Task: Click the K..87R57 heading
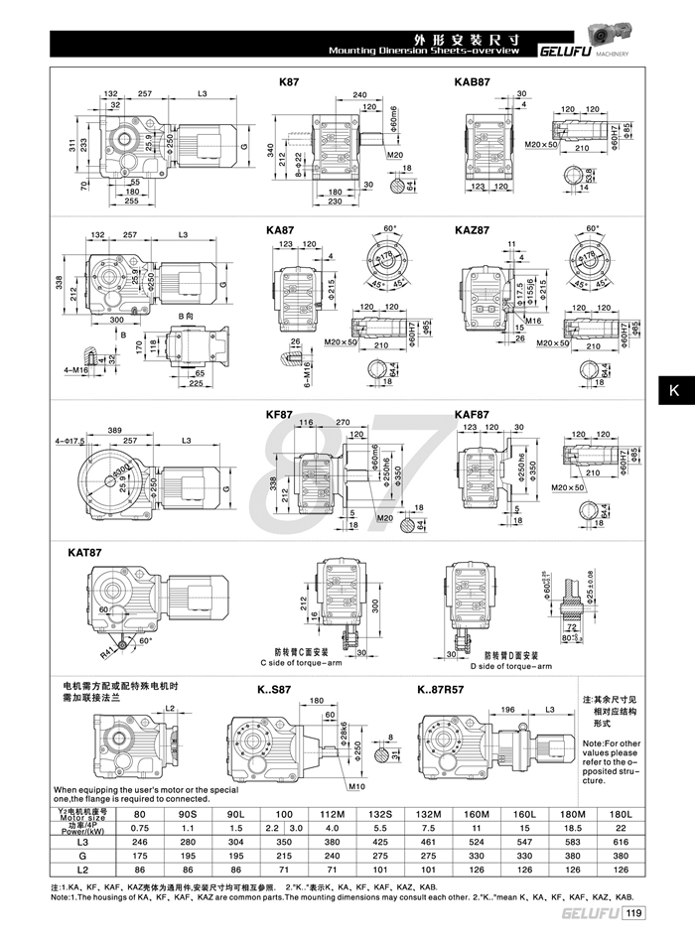point(446,689)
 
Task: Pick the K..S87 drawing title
point(261,689)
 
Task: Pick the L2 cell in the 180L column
point(623,871)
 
